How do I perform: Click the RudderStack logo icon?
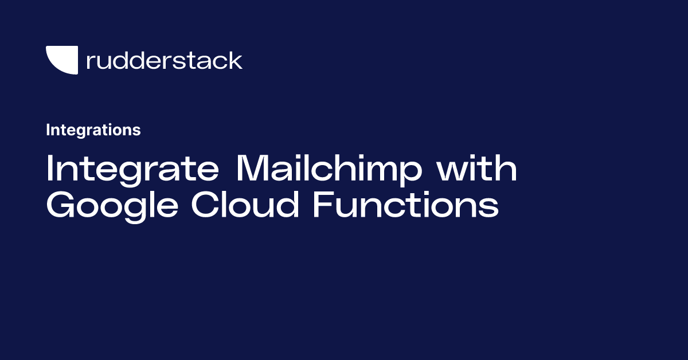pos(61,60)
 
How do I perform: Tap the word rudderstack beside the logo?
pos(164,60)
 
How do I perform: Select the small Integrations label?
pos(93,130)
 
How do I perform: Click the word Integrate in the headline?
pos(132,169)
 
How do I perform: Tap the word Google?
pos(112,207)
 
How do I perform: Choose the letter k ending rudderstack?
pos(236,60)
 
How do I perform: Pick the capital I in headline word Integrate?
pos(49,169)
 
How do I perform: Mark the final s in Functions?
pos(490,208)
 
